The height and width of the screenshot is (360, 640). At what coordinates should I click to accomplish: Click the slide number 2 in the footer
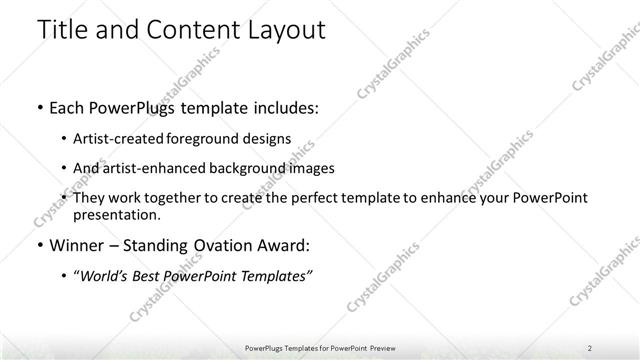589,347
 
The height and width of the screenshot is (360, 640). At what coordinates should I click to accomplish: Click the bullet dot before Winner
39,246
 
